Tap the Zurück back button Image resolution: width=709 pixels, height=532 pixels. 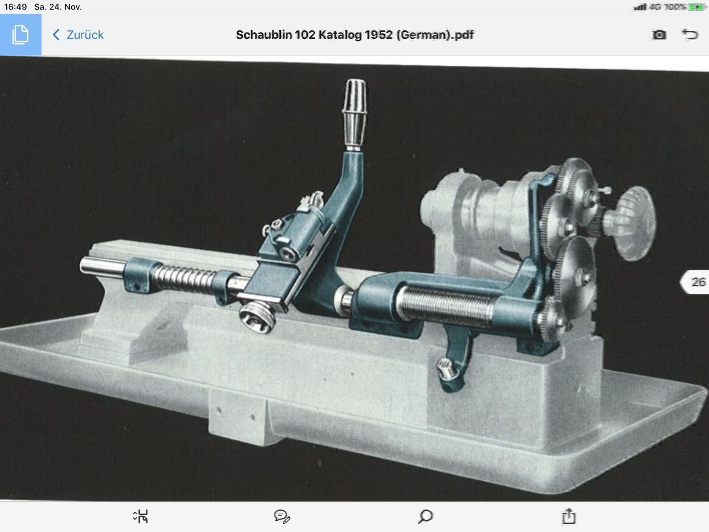click(78, 35)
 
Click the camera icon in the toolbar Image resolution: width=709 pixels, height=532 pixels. click(659, 35)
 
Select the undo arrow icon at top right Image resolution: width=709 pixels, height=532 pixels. click(690, 34)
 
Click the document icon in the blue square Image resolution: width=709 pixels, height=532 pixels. click(20, 35)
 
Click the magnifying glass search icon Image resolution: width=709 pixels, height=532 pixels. click(425, 516)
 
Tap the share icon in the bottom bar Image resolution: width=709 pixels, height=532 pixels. click(568, 516)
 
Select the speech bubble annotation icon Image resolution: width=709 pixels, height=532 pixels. click(282, 516)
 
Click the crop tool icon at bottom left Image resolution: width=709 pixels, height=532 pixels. click(141, 516)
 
